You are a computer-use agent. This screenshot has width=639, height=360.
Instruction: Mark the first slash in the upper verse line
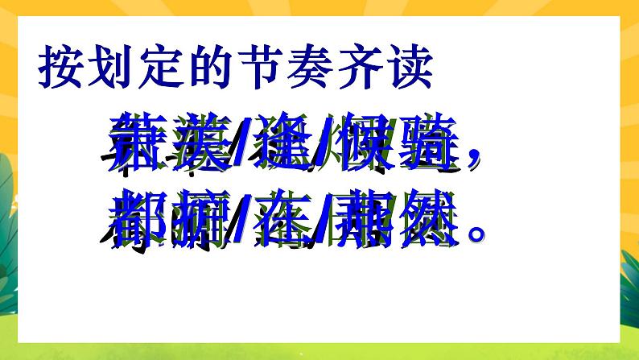pyautogui.click(x=241, y=147)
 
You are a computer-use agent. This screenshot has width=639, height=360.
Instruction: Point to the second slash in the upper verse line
pyautogui.click(x=322, y=147)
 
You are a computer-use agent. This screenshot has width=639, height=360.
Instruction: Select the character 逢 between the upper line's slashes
pyautogui.click(x=282, y=145)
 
